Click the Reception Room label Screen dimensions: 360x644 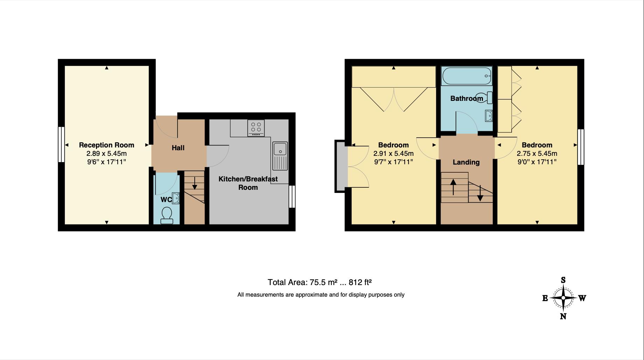tap(106, 145)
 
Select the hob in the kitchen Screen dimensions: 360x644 tap(256, 127)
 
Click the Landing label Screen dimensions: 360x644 tap(466, 162)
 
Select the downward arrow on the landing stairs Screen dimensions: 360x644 tap(480, 193)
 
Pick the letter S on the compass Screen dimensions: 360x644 tap(563, 280)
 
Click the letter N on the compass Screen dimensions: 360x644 tap(563, 316)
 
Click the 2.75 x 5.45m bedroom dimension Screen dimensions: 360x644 tap(537, 153)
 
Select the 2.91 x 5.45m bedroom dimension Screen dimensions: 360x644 tap(393, 153)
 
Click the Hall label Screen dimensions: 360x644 tap(178, 148)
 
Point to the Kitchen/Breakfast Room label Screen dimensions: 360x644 tap(248, 183)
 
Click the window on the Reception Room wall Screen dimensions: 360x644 tap(61, 144)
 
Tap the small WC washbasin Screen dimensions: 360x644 tap(176, 198)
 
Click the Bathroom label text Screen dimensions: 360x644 tap(466, 98)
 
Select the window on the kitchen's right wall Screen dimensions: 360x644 tap(292, 196)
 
